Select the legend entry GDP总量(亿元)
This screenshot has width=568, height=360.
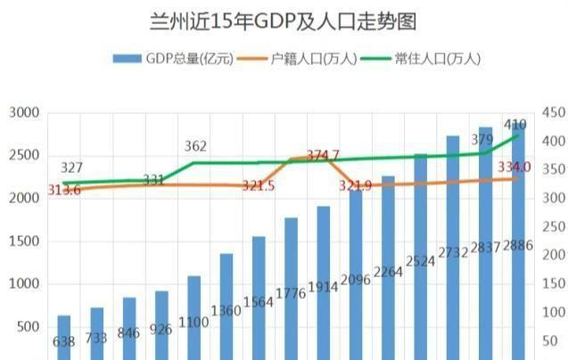(x=173, y=59)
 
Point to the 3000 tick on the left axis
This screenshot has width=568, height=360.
(x=24, y=112)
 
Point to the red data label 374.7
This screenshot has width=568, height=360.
(x=323, y=155)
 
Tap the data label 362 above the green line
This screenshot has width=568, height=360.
(x=195, y=146)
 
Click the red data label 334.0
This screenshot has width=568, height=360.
(x=514, y=167)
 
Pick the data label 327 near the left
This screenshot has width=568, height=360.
(x=72, y=168)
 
